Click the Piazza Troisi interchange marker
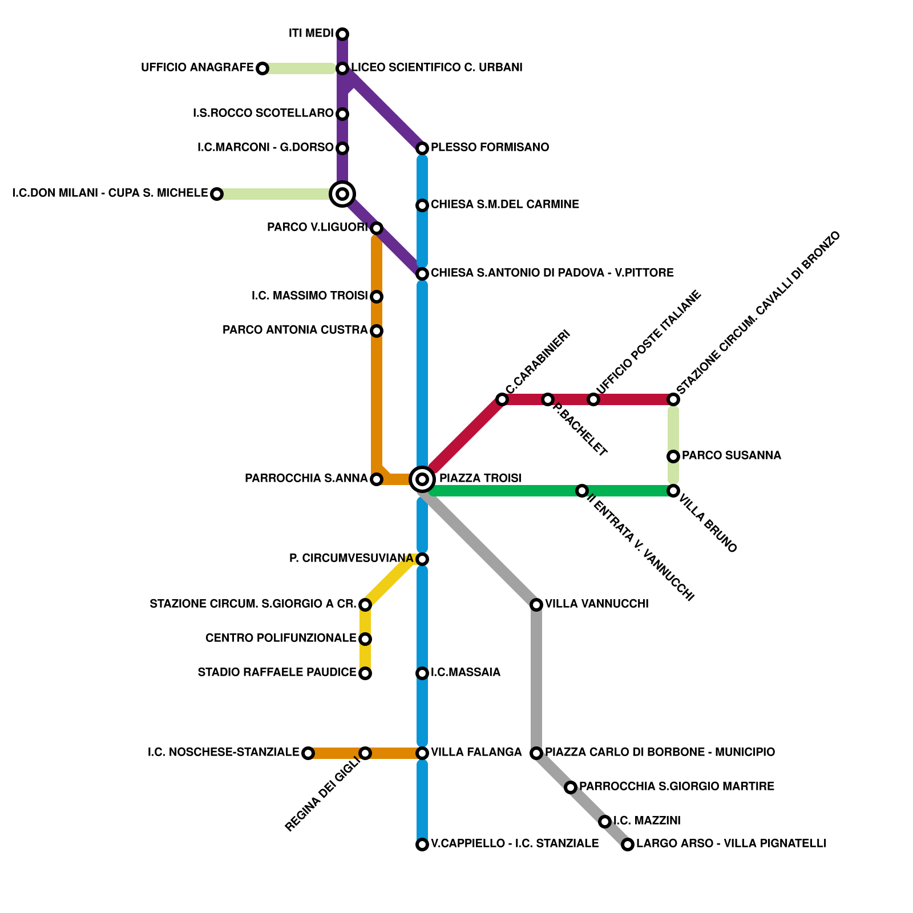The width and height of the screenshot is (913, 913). [x=422, y=479]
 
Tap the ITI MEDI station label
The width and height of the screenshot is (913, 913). [x=311, y=34]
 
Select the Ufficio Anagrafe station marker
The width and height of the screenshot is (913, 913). [x=262, y=68]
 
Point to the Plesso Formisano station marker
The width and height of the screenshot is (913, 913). [x=422, y=148]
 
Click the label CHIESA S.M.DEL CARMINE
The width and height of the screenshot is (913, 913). [x=504, y=204]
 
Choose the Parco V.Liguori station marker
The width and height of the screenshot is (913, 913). [x=377, y=228]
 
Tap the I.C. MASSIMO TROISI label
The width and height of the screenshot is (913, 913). [x=309, y=296]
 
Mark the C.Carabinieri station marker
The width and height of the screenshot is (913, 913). [x=502, y=399]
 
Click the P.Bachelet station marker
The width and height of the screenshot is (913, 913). [x=548, y=399]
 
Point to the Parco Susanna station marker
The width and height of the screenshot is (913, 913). [x=673, y=457]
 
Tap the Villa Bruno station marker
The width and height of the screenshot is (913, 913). [x=673, y=491]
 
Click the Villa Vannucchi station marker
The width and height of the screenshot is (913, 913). [x=536, y=605]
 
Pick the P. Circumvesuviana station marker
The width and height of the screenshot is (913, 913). [x=422, y=559]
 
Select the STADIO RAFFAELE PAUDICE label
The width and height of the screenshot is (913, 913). [x=277, y=672]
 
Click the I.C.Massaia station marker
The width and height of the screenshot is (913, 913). [x=422, y=673]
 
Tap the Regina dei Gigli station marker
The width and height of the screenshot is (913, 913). [x=365, y=753]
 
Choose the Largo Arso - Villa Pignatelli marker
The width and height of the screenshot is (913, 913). [x=628, y=845]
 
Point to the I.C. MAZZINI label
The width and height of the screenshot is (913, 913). [x=647, y=821]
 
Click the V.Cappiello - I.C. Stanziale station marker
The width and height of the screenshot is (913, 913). [x=422, y=845]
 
